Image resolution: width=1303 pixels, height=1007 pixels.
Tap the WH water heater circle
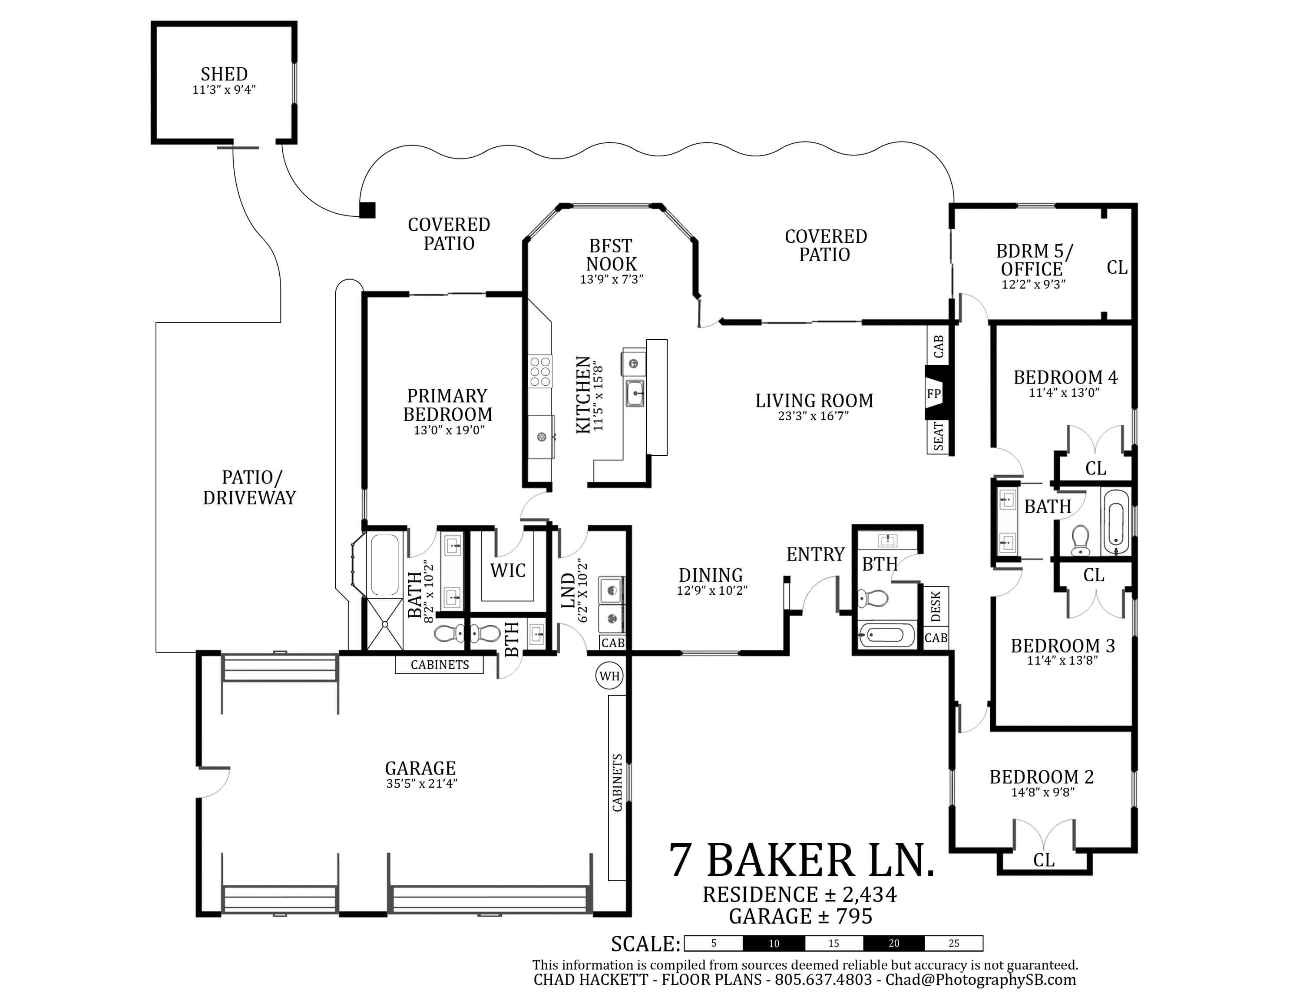(x=609, y=676)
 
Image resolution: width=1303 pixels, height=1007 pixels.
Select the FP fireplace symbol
(x=934, y=394)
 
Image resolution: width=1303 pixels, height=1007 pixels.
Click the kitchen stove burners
(x=540, y=371)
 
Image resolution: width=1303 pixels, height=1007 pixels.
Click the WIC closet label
(x=508, y=570)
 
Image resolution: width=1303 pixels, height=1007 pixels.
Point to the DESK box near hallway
(x=936, y=606)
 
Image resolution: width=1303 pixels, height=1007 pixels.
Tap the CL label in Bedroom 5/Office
(x=1117, y=267)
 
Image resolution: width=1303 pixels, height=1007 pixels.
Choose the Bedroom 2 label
(x=1042, y=777)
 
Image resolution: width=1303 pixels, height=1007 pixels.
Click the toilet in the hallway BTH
(x=873, y=596)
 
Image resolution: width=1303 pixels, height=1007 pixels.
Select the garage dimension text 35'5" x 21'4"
(x=421, y=783)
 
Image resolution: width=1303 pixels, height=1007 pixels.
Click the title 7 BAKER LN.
(x=801, y=860)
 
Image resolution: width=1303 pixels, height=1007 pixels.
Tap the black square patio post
(x=367, y=210)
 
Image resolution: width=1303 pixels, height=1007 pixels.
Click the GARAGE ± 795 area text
(x=800, y=916)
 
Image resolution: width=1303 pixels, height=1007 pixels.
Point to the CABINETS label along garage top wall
(x=440, y=665)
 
